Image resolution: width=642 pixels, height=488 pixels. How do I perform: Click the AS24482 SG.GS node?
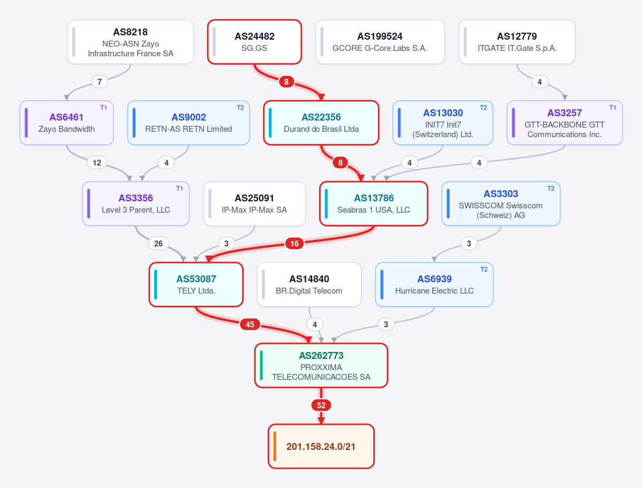255,42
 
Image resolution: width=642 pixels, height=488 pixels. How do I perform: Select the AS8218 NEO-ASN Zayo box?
131,42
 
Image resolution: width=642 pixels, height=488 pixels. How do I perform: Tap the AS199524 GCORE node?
380,42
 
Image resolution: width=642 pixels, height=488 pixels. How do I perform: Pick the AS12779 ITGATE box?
517,42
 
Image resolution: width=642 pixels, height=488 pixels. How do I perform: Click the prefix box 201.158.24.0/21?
321,446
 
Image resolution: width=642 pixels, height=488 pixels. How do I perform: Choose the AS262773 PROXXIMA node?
321,365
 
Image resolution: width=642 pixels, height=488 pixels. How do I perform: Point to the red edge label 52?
321,405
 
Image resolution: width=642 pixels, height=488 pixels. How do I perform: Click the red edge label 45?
250,325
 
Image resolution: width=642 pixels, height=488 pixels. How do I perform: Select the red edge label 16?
294,244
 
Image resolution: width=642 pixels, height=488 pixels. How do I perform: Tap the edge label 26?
158,244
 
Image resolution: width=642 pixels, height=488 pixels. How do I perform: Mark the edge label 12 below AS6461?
97,163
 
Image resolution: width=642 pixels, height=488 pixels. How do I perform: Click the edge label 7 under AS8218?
100,81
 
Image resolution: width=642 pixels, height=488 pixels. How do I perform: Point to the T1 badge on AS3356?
179,189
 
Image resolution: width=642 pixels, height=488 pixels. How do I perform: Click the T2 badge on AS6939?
484,269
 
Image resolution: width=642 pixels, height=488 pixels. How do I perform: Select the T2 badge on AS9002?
240,107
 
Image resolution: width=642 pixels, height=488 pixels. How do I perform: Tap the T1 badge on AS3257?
613,107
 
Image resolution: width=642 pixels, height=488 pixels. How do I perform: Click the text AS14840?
309,279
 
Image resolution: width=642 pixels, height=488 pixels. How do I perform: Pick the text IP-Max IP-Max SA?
254,210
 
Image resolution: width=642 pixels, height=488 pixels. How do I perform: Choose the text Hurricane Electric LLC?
434,290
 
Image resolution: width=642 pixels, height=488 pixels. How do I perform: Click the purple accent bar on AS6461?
27,123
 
